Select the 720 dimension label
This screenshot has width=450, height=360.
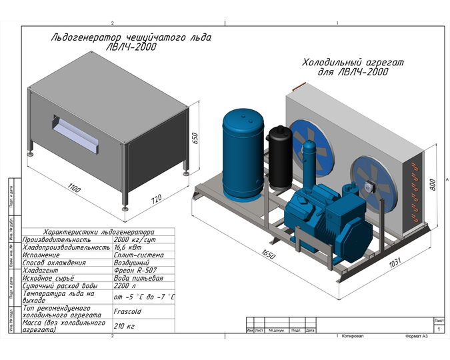point(155,200)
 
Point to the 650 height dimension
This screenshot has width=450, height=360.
point(195,138)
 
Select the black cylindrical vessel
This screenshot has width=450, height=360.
point(278,155)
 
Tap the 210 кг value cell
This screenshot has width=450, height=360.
point(125,326)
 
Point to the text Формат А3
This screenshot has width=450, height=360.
point(420,337)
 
